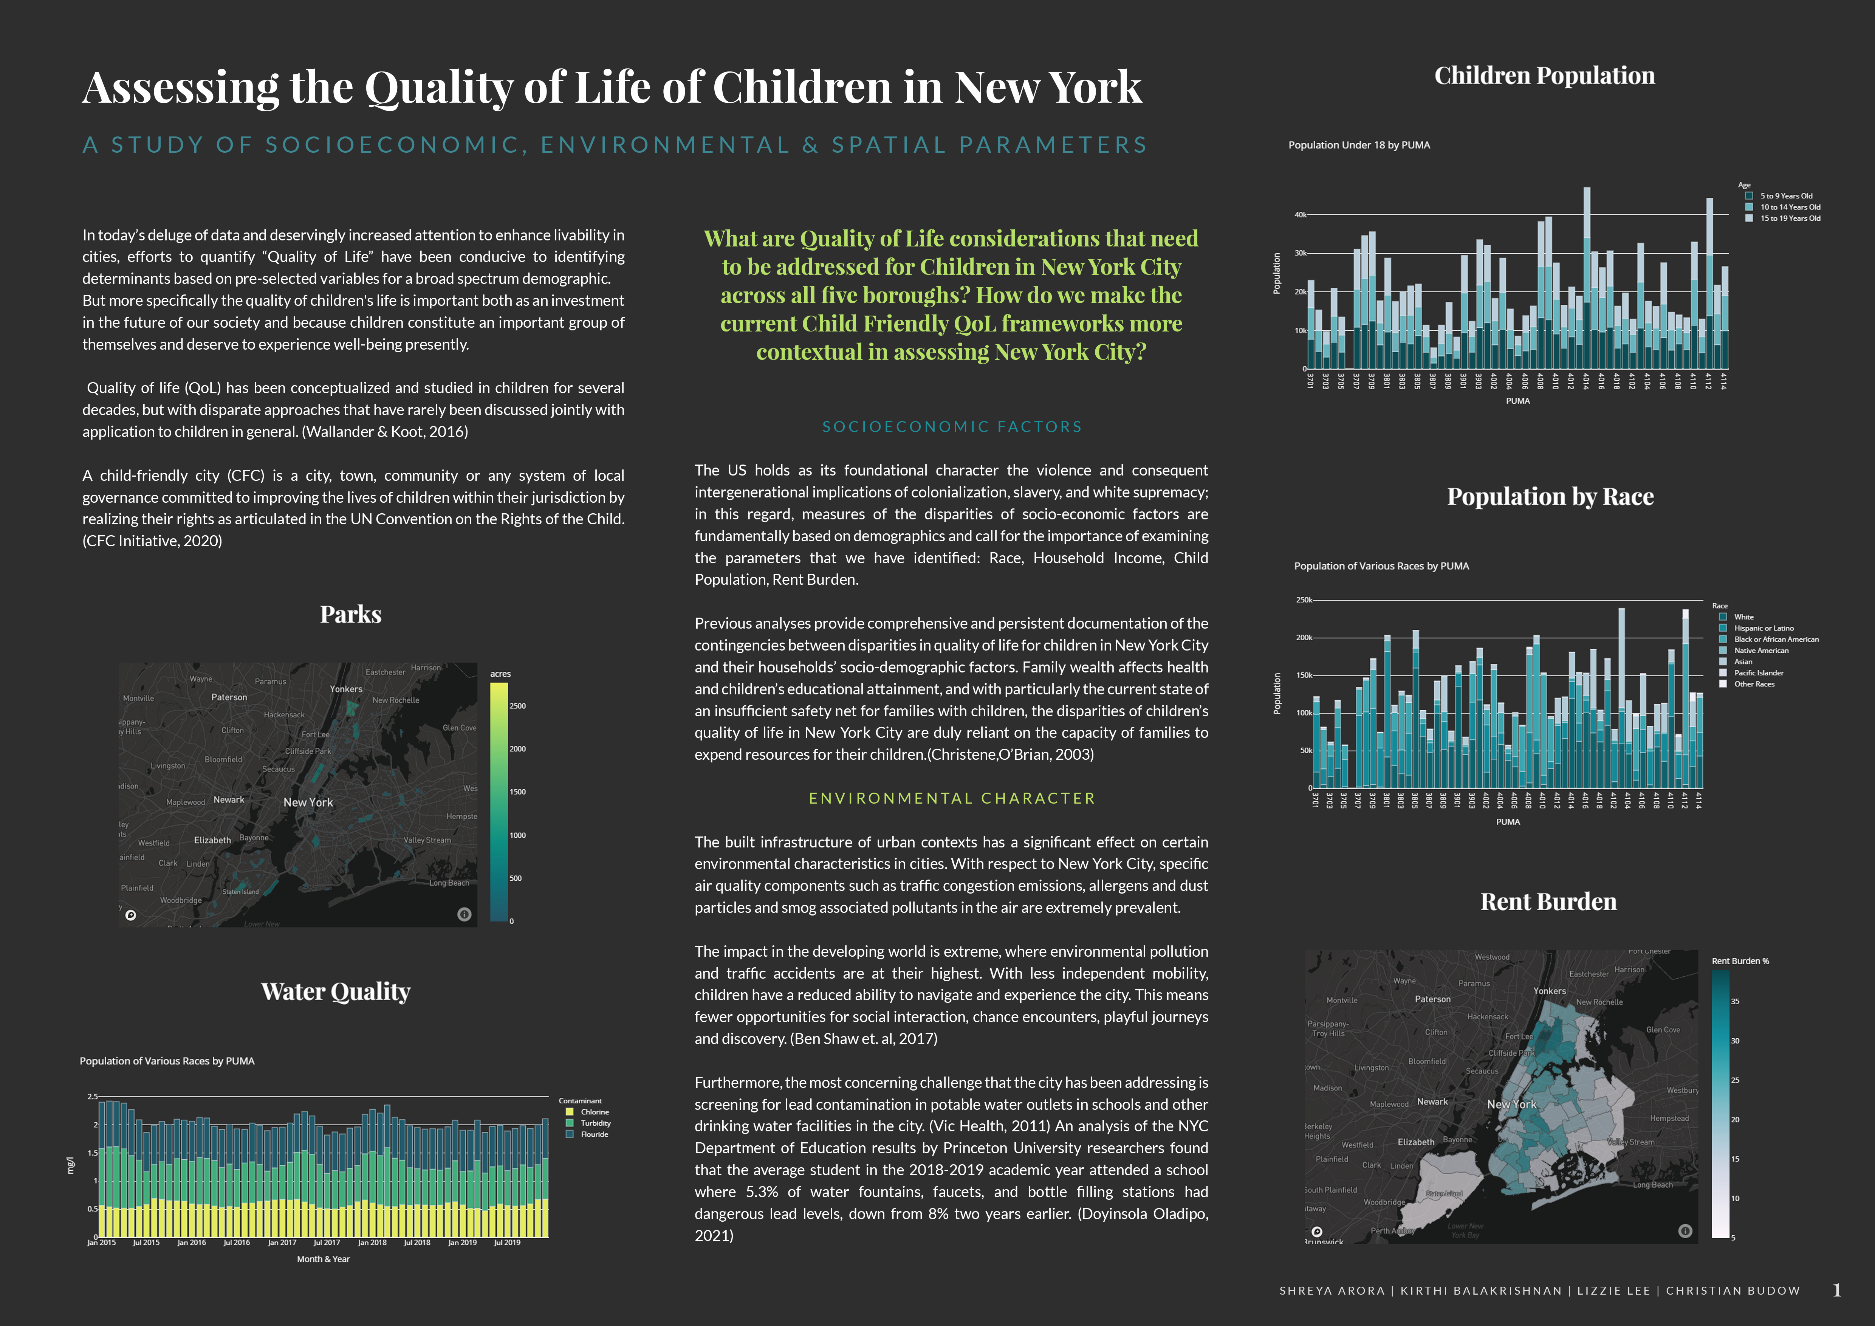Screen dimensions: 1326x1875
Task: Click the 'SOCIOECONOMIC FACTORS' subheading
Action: point(951,427)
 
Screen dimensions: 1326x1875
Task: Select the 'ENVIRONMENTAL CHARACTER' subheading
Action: point(951,799)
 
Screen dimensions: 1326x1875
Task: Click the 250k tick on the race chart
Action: point(1303,600)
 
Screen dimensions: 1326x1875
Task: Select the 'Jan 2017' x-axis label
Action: point(282,1243)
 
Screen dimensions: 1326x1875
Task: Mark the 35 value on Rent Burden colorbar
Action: point(1734,1002)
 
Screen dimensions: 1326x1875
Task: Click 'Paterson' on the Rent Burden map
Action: point(1432,999)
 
